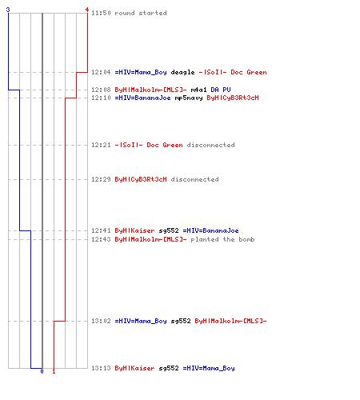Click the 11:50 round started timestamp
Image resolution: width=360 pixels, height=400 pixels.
[x=101, y=13]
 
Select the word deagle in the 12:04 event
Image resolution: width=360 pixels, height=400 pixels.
[x=182, y=72]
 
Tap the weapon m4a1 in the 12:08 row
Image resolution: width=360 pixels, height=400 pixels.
[x=198, y=90]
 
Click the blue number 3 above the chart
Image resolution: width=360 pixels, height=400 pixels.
[x=8, y=10]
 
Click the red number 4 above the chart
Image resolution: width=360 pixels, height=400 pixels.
[x=87, y=10]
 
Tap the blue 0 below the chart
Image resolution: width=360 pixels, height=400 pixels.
[x=42, y=371]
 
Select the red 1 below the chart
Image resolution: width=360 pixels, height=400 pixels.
[x=54, y=371]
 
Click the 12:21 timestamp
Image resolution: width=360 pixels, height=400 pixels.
[x=101, y=145]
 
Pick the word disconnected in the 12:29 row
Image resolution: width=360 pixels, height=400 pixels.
[x=194, y=179]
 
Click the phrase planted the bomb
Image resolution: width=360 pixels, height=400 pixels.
[x=222, y=239]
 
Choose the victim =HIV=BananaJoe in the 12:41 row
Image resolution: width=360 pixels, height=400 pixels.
[x=210, y=230]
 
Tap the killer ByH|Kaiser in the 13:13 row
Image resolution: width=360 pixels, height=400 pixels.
[x=134, y=368]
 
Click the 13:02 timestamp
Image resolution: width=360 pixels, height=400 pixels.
[x=101, y=321]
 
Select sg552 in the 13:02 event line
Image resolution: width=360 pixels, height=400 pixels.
[x=181, y=322]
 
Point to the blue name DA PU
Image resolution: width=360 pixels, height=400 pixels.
[x=221, y=90]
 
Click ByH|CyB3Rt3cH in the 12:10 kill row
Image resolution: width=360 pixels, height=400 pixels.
[x=233, y=98]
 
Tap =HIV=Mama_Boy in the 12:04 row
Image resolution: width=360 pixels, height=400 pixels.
[x=141, y=72]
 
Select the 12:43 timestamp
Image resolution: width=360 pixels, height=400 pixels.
[x=101, y=239]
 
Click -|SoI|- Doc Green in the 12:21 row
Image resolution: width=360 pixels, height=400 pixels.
[x=149, y=145]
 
